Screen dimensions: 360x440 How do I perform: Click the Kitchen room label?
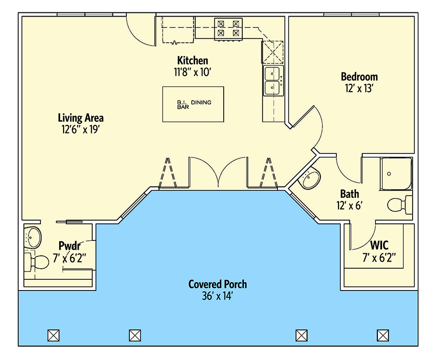click(193, 61)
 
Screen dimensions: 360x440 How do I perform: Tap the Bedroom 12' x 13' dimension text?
click(359, 88)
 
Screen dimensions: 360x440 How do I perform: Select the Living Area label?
click(80, 118)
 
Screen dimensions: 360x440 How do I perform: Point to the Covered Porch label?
click(217, 284)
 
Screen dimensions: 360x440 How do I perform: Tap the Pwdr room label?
click(68, 245)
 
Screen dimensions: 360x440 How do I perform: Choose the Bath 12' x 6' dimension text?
click(349, 205)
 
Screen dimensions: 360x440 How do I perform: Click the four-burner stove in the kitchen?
click(229, 28)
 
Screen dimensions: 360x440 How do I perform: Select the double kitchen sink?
click(273, 81)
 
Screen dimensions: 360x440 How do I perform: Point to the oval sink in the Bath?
click(311, 180)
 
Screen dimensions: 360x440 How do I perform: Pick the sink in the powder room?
click(33, 238)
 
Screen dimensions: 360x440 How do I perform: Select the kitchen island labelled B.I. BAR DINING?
click(193, 104)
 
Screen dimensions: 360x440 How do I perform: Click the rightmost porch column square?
click(383, 335)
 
